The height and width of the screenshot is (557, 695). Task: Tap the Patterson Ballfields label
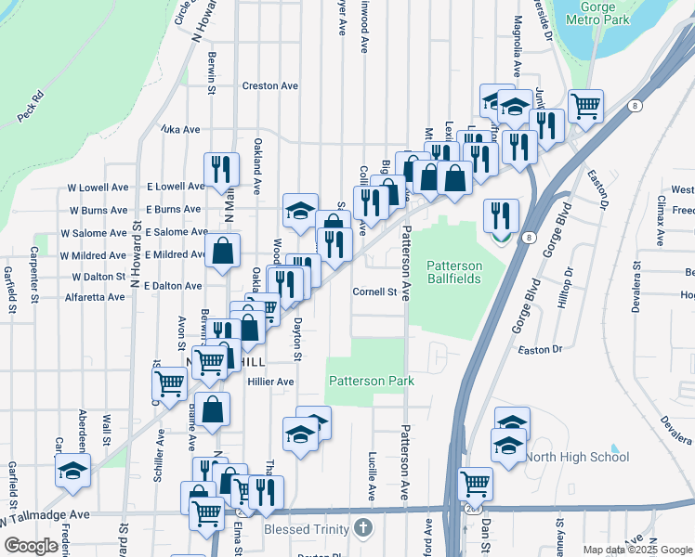click(454, 272)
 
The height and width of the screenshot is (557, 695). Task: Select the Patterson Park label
click(370, 381)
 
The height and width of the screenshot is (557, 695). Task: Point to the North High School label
click(577, 457)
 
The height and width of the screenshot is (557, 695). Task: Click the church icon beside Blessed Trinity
click(363, 529)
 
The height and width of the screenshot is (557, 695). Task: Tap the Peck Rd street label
click(31, 107)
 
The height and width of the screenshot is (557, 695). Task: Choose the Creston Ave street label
click(269, 85)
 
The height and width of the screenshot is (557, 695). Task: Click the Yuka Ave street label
click(180, 130)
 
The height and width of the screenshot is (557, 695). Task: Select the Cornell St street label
click(374, 291)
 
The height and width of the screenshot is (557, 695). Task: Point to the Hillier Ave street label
click(270, 382)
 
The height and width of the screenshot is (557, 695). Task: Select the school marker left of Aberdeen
click(73, 471)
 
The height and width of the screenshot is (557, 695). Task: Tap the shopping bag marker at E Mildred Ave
click(223, 251)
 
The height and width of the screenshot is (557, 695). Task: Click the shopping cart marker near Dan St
click(476, 483)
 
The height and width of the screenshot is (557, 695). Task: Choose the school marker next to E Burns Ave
click(300, 211)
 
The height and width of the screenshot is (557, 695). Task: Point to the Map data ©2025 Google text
click(637, 550)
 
